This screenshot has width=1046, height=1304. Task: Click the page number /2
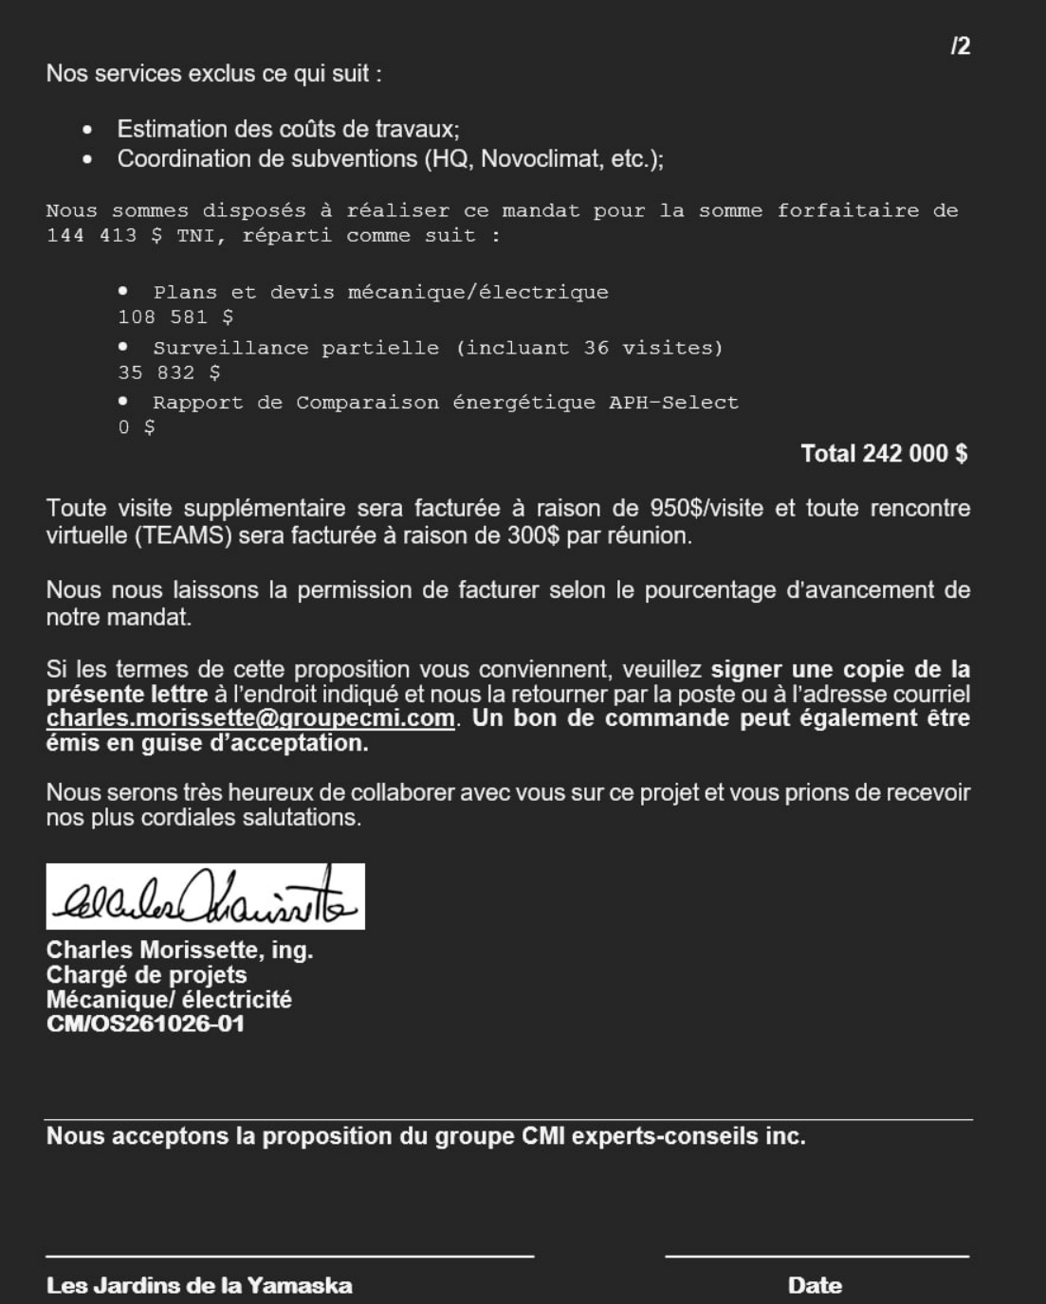960,46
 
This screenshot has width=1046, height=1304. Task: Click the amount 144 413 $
103,236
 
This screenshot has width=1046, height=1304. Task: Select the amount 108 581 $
175,317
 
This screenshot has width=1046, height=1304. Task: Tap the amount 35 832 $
169,373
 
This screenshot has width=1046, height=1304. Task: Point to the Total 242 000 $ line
884,454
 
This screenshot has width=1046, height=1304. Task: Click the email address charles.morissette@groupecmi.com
250,718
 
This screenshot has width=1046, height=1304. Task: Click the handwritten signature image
205,896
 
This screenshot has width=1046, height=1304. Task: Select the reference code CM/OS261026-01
145,1023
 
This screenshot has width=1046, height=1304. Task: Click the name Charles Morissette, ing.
179,950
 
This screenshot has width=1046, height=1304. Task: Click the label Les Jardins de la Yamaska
199,1286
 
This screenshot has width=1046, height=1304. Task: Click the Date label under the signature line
815,1286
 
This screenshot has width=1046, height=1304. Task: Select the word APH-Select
673,403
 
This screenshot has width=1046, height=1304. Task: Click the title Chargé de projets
146,974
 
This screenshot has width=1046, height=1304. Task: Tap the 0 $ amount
137,427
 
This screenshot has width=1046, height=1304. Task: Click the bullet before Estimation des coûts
87,130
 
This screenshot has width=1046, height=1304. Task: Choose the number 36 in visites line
596,348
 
